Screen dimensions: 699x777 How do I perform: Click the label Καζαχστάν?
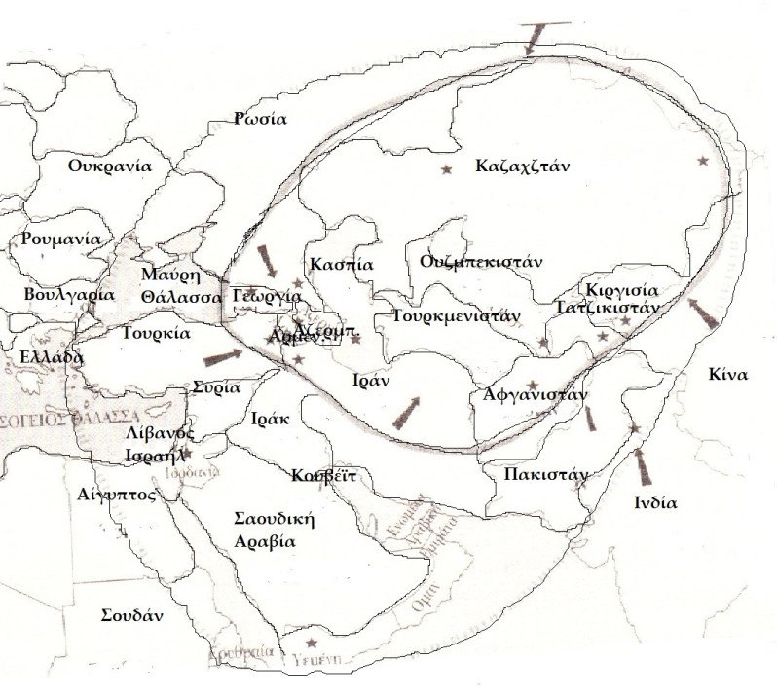pyautogui.click(x=522, y=166)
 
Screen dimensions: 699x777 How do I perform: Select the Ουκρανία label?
pyautogui.click(x=110, y=165)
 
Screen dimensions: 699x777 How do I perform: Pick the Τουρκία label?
pyautogui.click(x=156, y=331)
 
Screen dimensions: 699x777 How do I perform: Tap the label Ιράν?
pyautogui.click(x=371, y=381)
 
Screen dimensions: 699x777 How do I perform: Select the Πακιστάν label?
pyautogui.click(x=546, y=475)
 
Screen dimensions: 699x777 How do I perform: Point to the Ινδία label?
pyautogui.click(x=655, y=503)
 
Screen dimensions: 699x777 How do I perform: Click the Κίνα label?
pyautogui.click(x=728, y=374)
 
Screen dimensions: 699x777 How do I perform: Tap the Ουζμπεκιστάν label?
pyautogui.click(x=481, y=262)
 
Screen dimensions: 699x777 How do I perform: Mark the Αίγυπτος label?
pyautogui.click(x=117, y=494)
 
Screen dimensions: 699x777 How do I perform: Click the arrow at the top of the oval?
pyautogui.click(x=533, y=39)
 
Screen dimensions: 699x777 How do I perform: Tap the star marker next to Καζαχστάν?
pyautogui.click(x=447, y=170)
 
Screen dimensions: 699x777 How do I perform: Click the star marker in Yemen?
pyautogui.click(x=311, y=643)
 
